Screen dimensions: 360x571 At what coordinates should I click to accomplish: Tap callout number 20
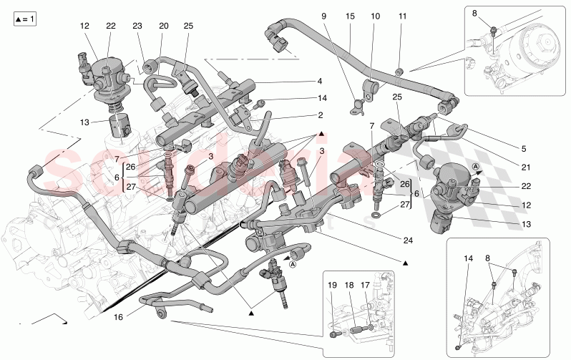pos(162,26)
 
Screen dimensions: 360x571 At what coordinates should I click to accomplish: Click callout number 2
pos(523,149)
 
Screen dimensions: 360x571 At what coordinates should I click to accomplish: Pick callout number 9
pos(323,16)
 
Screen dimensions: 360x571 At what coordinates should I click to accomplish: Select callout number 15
pos(350,16)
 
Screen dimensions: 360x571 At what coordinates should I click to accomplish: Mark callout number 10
pos(376,16)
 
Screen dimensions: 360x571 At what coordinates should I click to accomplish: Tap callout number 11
pos(401,16)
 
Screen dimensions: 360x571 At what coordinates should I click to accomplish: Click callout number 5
pos(523,149)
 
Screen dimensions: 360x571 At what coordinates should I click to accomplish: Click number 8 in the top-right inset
pos(474,12)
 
